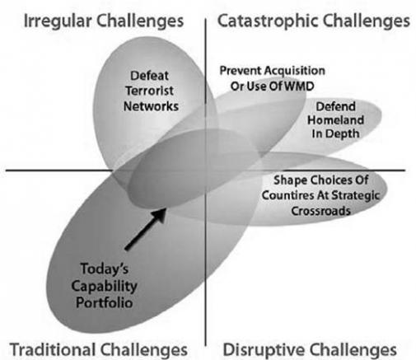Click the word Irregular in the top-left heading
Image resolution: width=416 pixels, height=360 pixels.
[x=58, y=21]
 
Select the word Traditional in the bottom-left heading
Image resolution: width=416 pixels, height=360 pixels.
[x=53, y=349]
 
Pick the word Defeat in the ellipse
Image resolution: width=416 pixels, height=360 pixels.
[x=149, y=76]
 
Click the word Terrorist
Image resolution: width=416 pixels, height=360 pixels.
[x=150, y=91]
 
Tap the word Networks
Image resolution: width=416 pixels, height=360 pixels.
[x=151, y=106]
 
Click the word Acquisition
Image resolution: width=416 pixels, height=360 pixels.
[x=294, y=71]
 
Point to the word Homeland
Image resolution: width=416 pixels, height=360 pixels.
[x=335, y=120]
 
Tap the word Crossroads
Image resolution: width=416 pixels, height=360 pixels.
[x=320, y=211]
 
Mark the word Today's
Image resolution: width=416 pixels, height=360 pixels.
[x=105, y=269]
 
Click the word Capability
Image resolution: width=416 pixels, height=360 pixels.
[x=105, y=287]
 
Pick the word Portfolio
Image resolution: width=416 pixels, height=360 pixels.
[x=105, y=302]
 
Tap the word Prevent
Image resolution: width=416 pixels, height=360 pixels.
[x=241, y=71]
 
